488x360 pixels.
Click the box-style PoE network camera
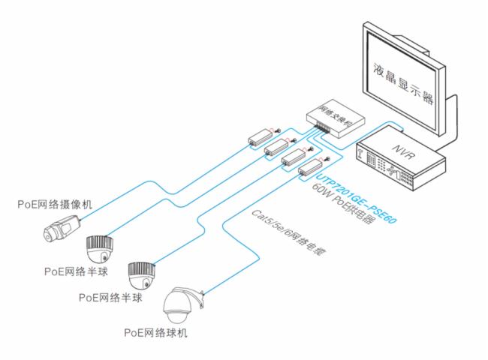(x=62, y=228)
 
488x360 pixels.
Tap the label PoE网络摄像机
(x=55, y=205)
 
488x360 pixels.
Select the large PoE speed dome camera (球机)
(x=183, y=304)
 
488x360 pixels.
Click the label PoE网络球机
(x=155, y=333)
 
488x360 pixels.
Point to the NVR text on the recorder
(x=403, y=152)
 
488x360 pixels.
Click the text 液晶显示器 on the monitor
(x=403, y=83)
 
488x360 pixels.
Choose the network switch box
(x=336, y=118)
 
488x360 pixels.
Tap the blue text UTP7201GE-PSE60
(x=357, y=199)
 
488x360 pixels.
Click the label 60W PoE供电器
(x=342, y=204)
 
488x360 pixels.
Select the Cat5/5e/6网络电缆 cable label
(x=288, y=232)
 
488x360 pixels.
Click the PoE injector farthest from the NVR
(x=260, y=136)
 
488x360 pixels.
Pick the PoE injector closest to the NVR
(x=310, y=167)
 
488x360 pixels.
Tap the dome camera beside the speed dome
(x=141, y=276)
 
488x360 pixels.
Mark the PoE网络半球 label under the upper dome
(x=76, y=271)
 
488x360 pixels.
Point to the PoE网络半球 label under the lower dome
(x=110, y=298)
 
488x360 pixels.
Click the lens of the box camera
(x=48, y=235)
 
